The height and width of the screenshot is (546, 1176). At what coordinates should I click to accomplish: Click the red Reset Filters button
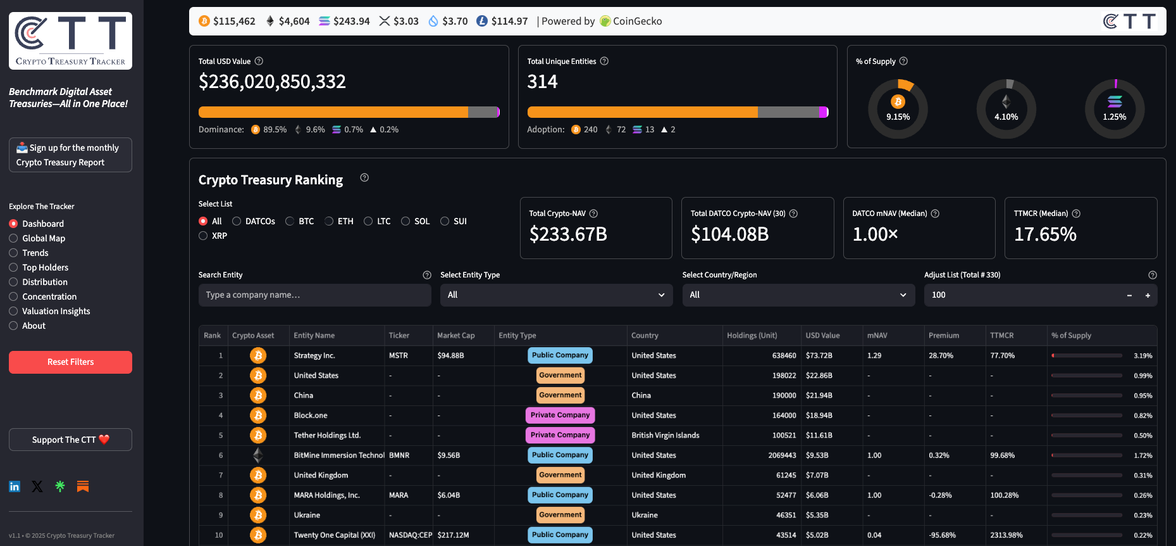point(70,362)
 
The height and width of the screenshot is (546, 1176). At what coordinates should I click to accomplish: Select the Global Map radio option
point(13,239)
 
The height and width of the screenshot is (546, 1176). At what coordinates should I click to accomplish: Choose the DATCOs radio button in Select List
point(237,221)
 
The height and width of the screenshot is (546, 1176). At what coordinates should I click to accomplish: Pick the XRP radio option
point(203,236)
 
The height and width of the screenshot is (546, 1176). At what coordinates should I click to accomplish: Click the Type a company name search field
point(314,295)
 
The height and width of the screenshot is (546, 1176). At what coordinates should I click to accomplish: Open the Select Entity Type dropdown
point(555,295)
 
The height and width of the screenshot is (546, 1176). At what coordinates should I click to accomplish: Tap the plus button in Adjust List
point(1148,295)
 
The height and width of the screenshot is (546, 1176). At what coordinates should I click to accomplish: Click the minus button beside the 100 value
point(1129,295)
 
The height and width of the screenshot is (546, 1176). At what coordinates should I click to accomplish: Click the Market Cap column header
point(455,336)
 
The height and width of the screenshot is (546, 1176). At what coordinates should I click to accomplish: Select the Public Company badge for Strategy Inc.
point(560,355)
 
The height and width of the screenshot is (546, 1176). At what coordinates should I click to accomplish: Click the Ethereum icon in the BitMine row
point(257,455)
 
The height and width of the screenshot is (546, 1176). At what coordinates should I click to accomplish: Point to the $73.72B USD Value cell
point(819,356)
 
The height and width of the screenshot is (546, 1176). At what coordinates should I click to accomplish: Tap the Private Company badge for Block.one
point(560,416)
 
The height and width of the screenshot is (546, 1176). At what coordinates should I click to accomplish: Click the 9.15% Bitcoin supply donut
point(898,109)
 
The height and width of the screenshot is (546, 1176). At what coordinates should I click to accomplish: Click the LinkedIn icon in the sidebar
point(15,486)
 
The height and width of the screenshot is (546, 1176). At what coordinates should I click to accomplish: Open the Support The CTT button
point(70,440)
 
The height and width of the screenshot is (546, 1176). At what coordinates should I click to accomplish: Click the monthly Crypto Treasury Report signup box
point(70,155)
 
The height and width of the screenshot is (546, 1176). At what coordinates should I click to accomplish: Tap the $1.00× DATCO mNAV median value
point(875,235)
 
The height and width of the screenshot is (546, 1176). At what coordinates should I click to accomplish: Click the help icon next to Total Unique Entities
point(604,61)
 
